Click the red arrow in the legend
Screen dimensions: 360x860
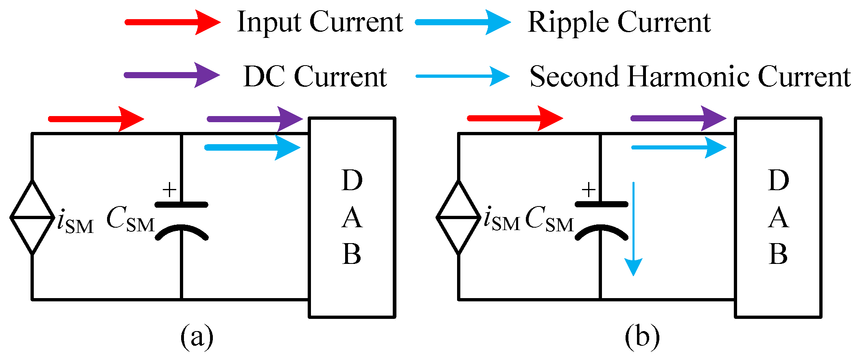pyautogui.click(x=173, y=22)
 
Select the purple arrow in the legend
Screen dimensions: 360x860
pyautogui.click(x=172, y=75)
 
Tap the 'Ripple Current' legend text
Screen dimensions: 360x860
pyautogui.click(x=619, y=22)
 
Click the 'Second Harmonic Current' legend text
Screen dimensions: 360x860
pyautogui.click(x=690, y=77)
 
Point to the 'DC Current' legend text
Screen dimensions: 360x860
pyautogui.click(x=315, y=77)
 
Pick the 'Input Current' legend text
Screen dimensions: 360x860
pyautogui.click(x=320, y=22)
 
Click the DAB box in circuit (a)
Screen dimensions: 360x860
pyautogui.click(x=352, y=217)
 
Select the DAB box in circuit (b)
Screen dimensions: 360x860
pyautogui.click(x=778, y=217)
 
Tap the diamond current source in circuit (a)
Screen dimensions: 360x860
pyautogui.click(x=32, y=217)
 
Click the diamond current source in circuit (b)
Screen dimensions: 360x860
pyautogui.click(x=459, y=217)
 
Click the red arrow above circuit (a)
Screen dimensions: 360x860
pyautogui.click(x=96, y=119)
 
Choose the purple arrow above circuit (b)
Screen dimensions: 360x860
pyautogui.click(x=678, y=119)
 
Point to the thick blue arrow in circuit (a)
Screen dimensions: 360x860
pyautogui.click(x=253, y=147)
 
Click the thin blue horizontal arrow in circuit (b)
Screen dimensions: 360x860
pyautogui.click(x=679, y=147)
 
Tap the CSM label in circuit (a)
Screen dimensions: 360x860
pyautogui.click(x=130, y=220)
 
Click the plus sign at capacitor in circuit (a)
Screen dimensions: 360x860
pyautogui.click(x=169, y=190)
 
